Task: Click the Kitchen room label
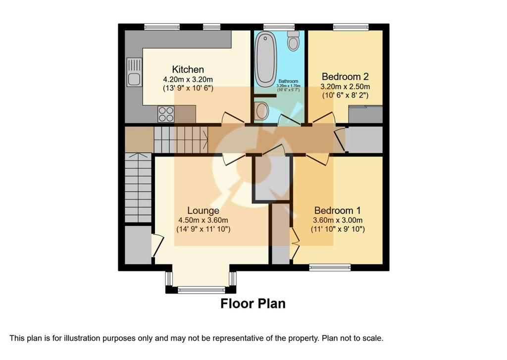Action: tap(188, 69)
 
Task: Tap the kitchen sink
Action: tap(134, 72)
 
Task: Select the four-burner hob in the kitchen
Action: tap(166, 114)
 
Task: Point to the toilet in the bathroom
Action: tap(293, 41)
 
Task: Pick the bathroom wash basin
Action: tap(261, 111)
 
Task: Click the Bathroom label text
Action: tap(289, 82)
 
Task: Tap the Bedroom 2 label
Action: tap(345, 77)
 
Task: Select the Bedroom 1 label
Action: tap(338, 210)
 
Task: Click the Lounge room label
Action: tap(203, 210)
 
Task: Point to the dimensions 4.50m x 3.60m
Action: tap(203, 220)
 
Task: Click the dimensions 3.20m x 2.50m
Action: tap(345, 87)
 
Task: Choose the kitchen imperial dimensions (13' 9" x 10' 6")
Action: tap(188, 88)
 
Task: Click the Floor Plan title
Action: tap(253, 304)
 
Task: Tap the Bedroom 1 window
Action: tap(330, 267)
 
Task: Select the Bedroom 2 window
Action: tap(351, 27)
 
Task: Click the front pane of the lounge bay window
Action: tap(202, 290)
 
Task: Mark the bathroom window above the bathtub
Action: tap(279, 27)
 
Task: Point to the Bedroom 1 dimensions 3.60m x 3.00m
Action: tap(338, 220)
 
